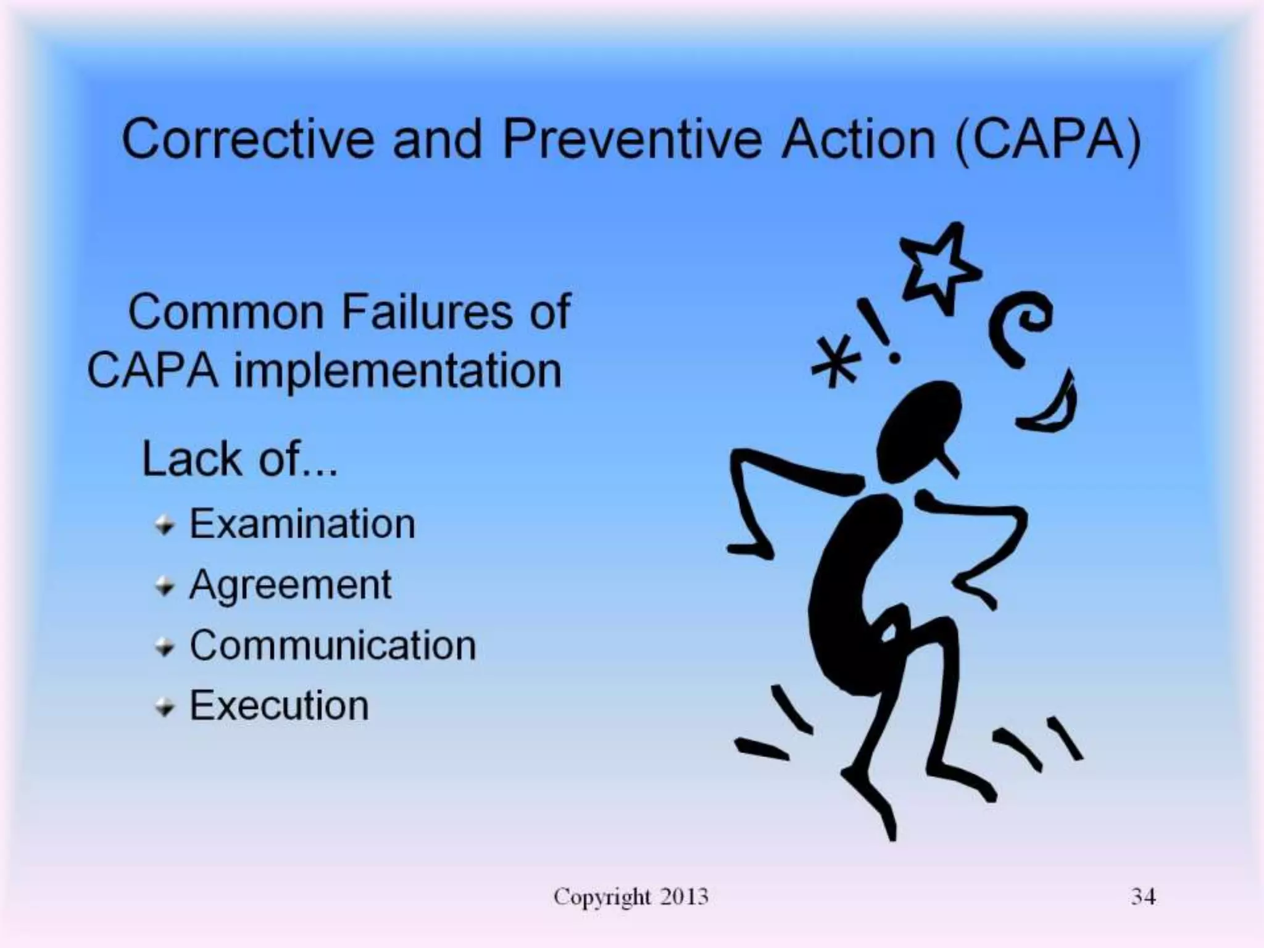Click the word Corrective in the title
point(247,139)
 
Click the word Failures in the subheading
point(426,312)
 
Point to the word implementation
point(397,372)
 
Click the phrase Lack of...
point(239,460)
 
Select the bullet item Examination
point(302,524)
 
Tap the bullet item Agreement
point(290,584)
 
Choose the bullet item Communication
point(333,645)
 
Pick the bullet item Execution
point(279,705)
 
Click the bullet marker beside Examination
point(164,526)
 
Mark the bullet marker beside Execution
point(164,708)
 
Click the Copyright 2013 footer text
point(630,896)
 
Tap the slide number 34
point(1143,896)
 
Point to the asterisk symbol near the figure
point(834,364)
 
